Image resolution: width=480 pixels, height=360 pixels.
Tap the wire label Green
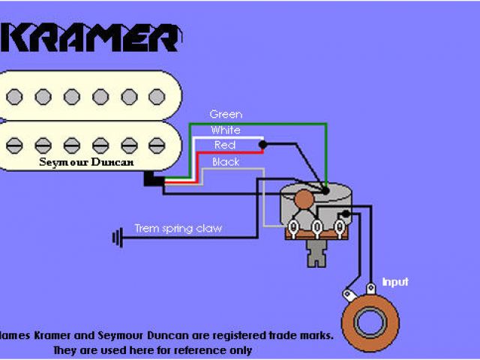[226, 114]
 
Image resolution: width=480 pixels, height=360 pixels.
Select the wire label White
[226, 130]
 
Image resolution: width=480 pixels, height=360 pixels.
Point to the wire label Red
[225, 145]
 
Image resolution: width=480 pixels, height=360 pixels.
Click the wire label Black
[226, 161]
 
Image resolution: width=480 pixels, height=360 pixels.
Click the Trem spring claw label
[178, 228]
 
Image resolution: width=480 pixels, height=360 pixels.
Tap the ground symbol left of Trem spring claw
[117, 238]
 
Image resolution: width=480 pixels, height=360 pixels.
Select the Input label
[395, 282]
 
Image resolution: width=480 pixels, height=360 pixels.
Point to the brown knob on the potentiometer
[303, 200]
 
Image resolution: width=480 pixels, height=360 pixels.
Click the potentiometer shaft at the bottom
[318, 255]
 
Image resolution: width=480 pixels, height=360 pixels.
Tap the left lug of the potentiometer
[293, 226]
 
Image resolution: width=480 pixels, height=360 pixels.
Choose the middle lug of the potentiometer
[317, 226]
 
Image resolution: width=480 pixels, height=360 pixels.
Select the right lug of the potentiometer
[341, 226]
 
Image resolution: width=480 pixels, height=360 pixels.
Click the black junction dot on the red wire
[262, 144]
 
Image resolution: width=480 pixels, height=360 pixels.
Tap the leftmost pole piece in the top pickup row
[14, 96]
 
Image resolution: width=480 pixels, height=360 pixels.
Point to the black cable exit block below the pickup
[153, 179]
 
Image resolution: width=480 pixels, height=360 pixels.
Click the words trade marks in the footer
[298, 335]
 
